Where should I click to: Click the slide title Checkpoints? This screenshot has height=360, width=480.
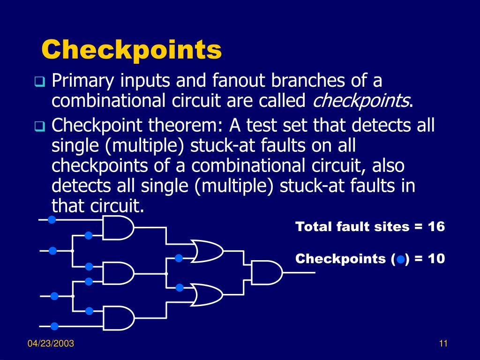coord(131,50)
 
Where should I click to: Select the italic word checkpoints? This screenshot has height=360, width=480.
coord(360,100)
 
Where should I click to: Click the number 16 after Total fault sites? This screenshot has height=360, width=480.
coord(436,227)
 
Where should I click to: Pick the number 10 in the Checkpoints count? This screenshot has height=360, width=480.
coord(436,258)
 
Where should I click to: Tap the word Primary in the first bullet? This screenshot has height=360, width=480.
coord(82,81)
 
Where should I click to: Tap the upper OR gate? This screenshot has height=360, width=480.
coord(206,251)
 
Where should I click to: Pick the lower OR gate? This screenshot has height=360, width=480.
coord(206,294)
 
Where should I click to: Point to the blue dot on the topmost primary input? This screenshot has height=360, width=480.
coord(52,220)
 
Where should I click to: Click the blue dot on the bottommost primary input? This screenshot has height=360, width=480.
coord(54,326)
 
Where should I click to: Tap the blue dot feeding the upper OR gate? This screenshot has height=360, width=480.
coord(179,257)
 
